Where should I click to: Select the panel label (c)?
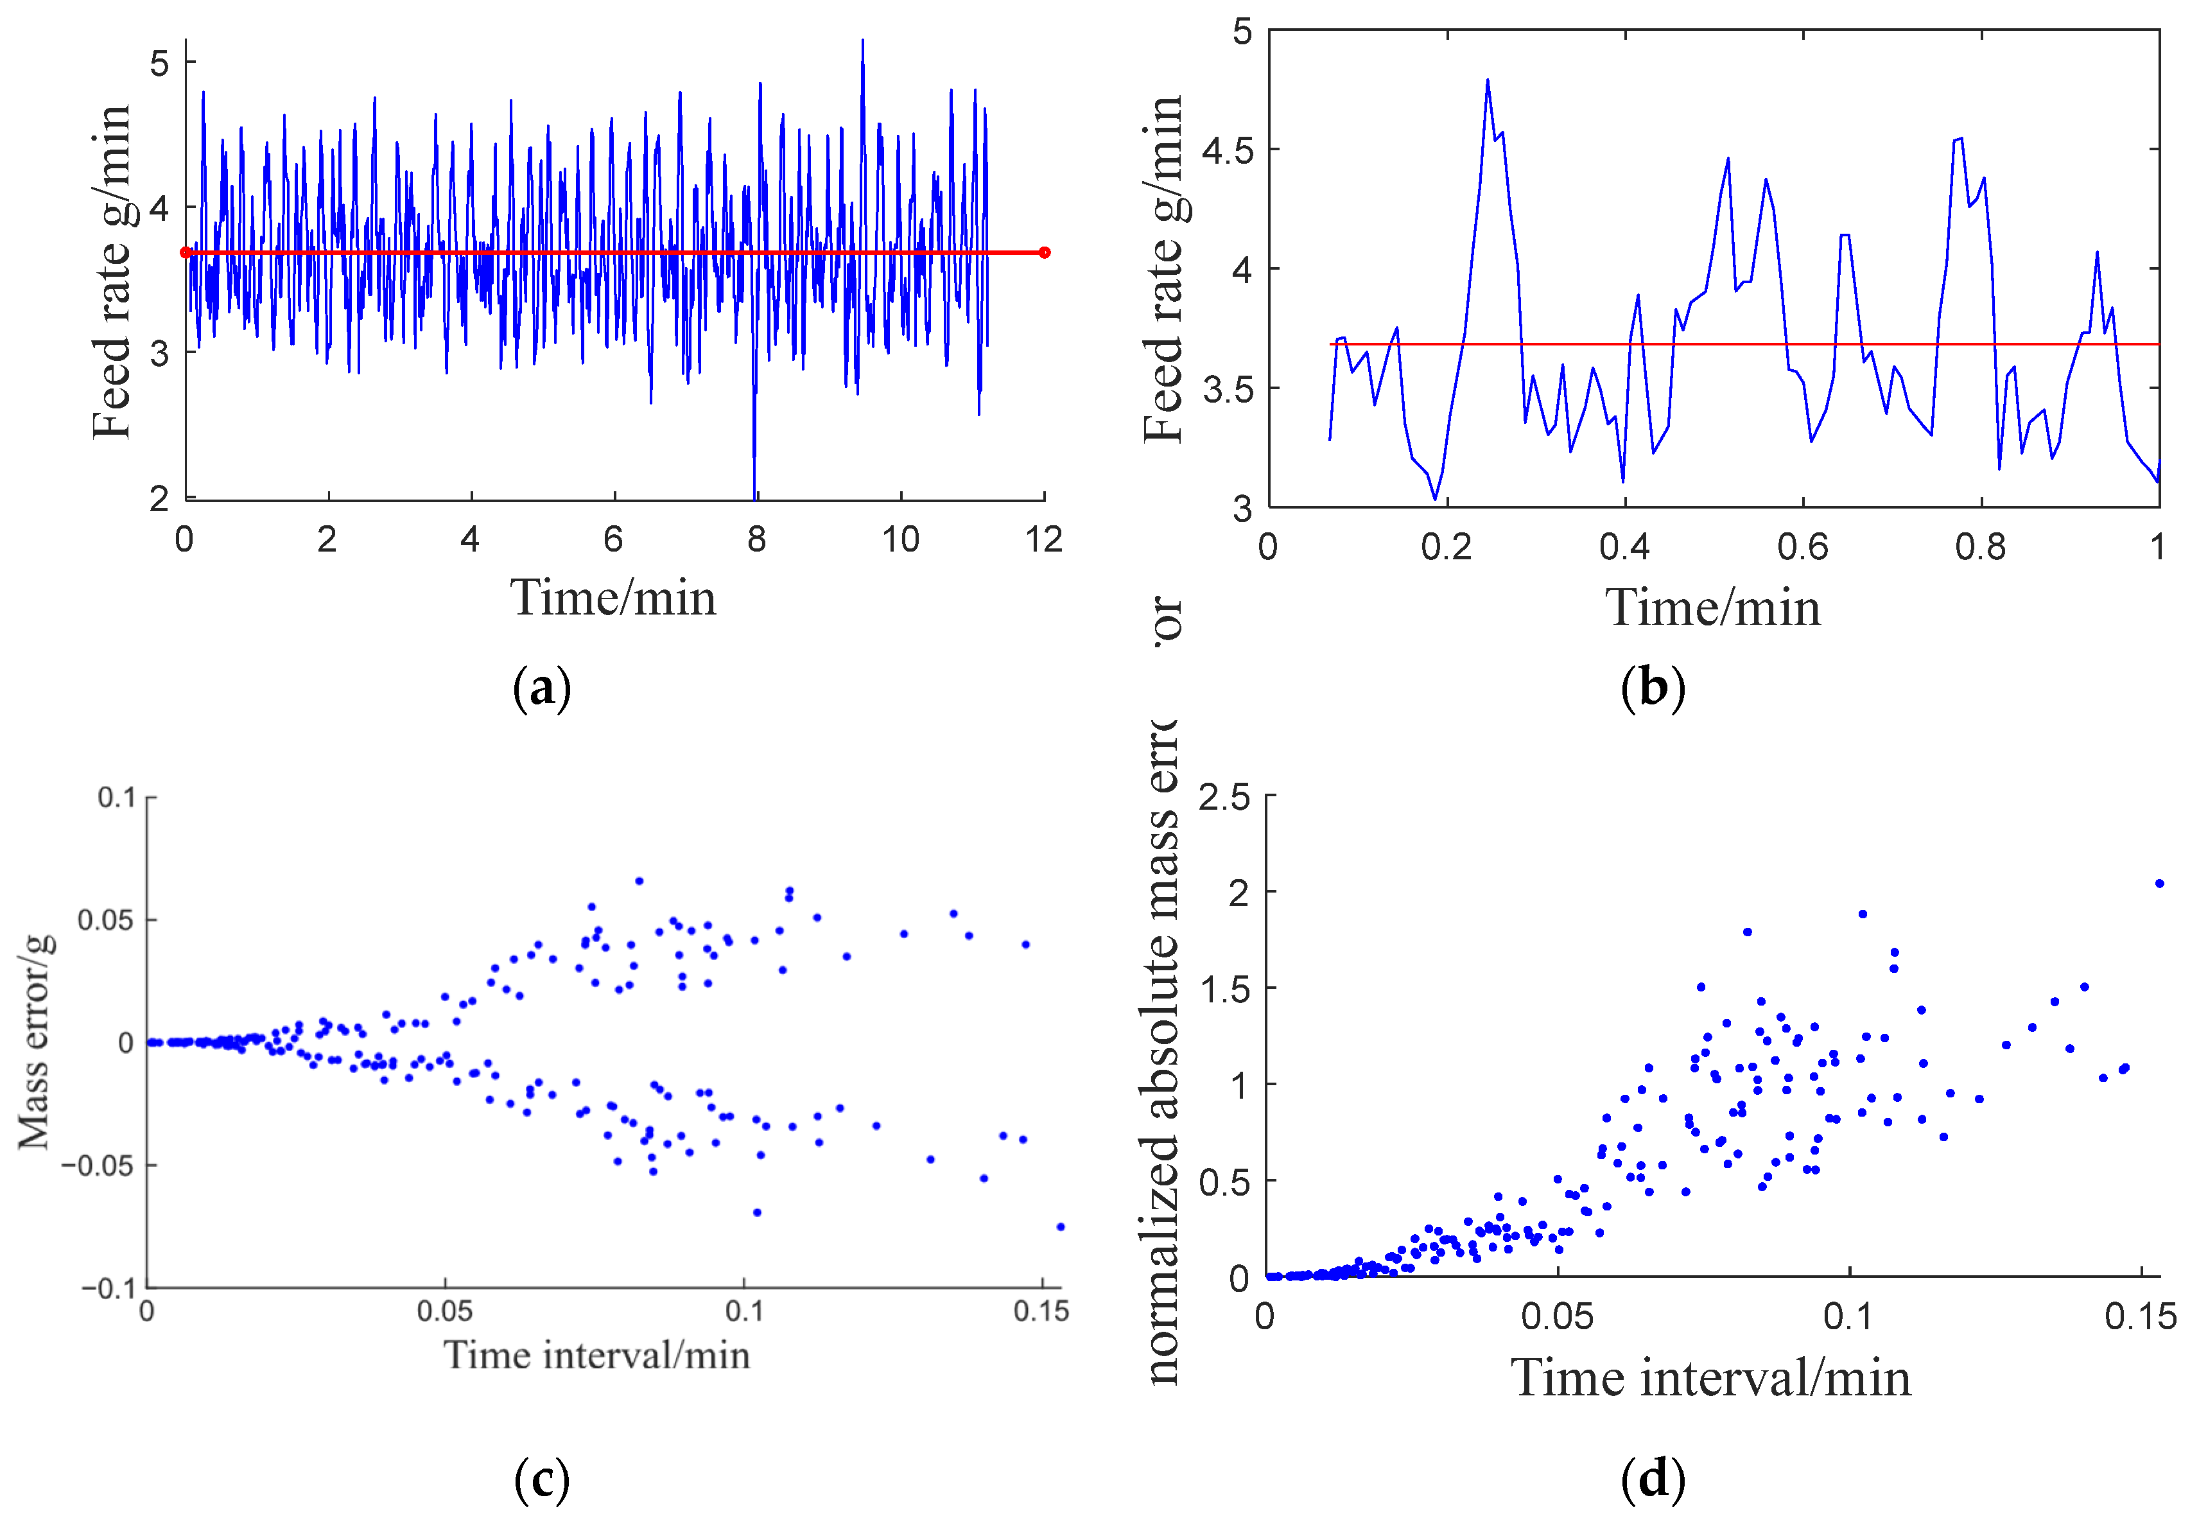coord(541,1479)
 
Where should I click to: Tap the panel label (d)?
coord(1653,1479)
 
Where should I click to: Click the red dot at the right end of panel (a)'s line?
coord(1044,252)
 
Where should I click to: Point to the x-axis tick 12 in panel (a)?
coord(1044,539)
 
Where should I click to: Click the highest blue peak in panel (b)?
coord(1487,81)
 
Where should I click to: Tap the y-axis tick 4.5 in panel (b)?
coord(1227,150)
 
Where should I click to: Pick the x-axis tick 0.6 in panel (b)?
coord(1803,547)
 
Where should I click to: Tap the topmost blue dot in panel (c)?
coord(639,881)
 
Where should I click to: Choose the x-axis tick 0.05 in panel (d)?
coord(1557,1316)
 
